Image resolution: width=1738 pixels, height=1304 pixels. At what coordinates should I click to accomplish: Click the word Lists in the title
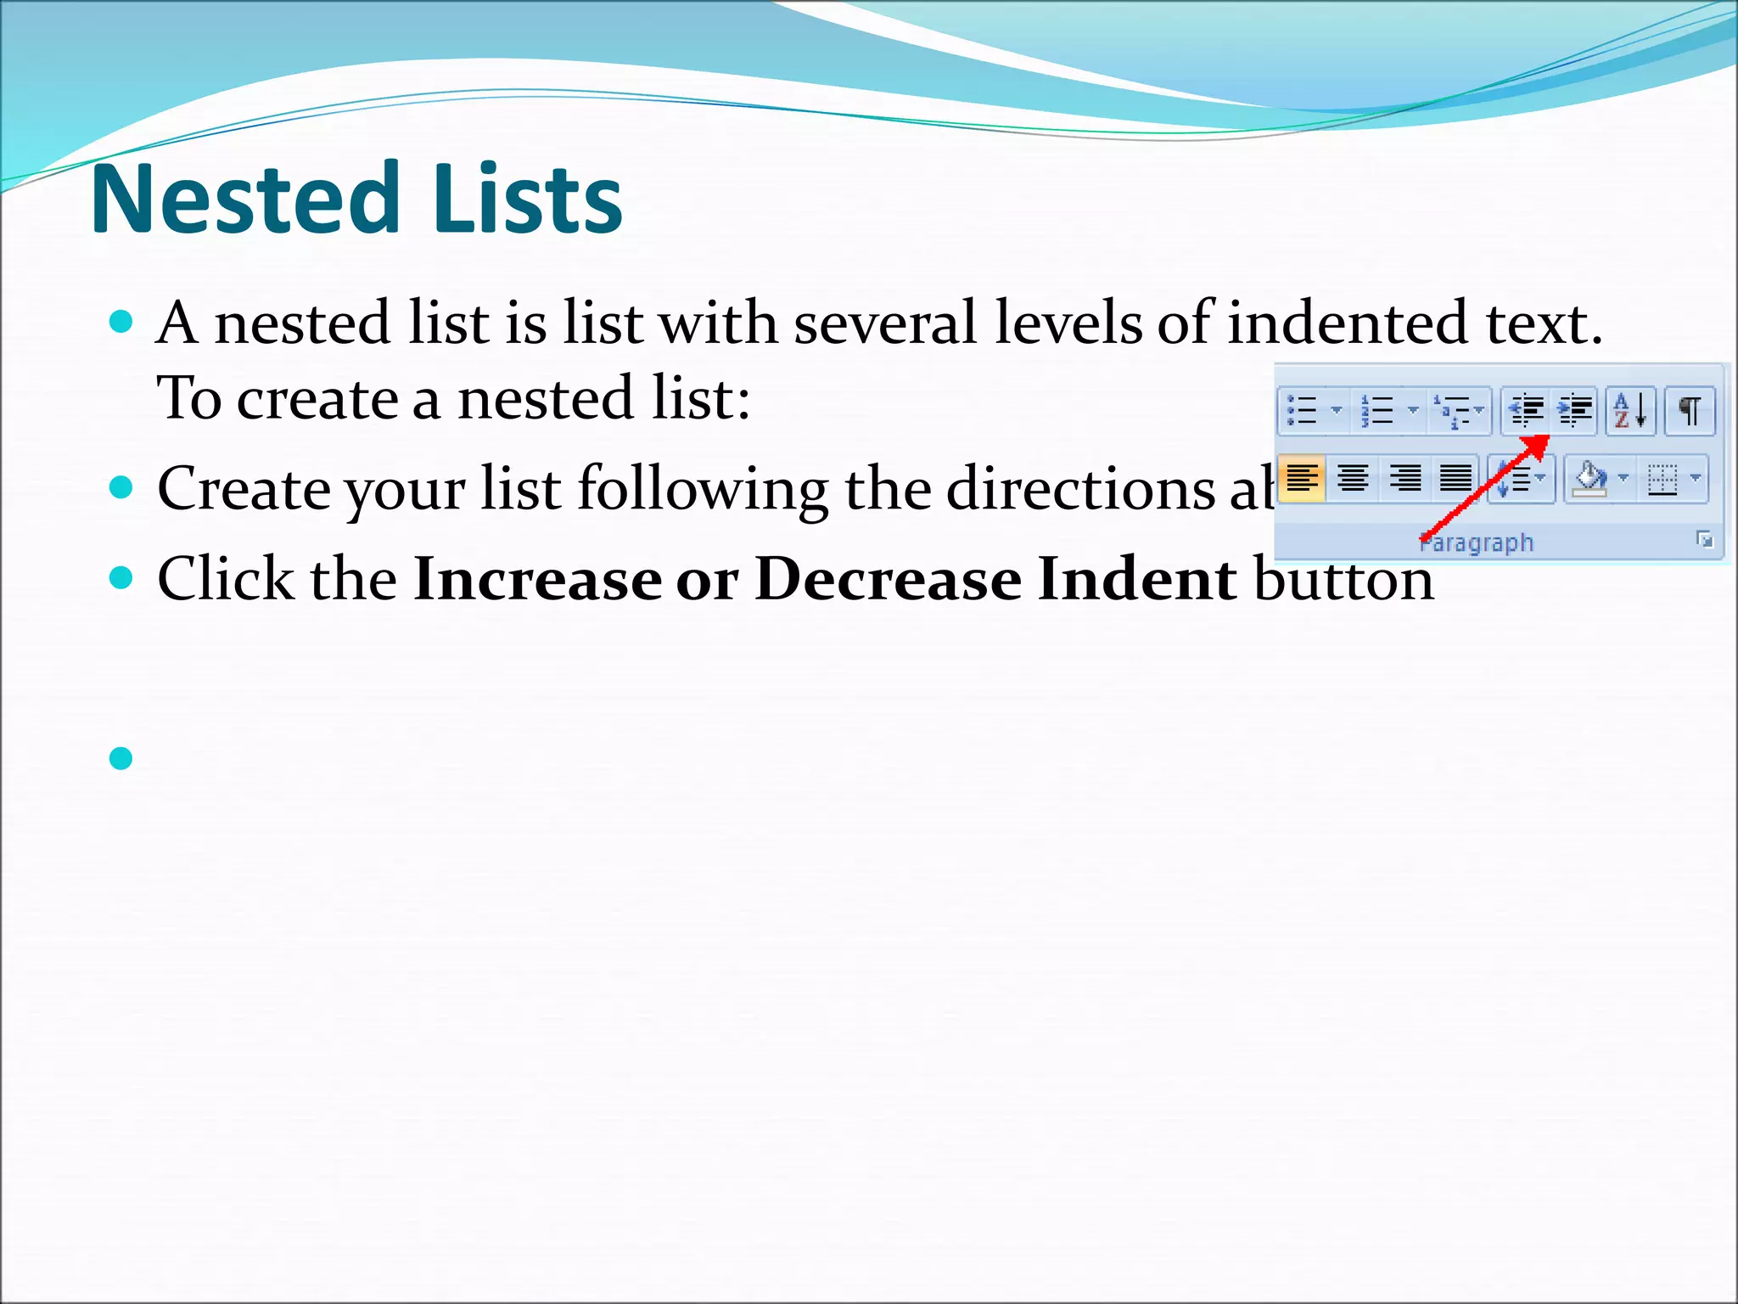click(x=527, y=200)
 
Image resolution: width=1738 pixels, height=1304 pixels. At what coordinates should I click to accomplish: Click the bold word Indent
click(x=1136, y=580)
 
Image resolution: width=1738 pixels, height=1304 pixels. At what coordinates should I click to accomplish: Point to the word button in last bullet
click(x=1343, y=580)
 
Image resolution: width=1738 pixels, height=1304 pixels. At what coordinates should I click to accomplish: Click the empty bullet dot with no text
click(x=121, y=758)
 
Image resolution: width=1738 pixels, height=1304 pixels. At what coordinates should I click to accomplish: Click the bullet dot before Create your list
click(x=121, y=487)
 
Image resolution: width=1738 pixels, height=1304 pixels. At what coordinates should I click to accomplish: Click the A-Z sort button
click(x=1629, y=411)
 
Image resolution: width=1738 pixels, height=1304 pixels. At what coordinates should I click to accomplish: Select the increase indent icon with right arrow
click(x=1574, y=411)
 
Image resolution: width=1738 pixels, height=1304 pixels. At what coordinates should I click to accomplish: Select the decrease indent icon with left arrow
click(x=1526, y=411)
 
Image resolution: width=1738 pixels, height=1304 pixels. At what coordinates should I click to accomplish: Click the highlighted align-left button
click(x=1301, y=479)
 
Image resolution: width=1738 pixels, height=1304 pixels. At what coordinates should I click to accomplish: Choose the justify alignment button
click(x=1455, y=479)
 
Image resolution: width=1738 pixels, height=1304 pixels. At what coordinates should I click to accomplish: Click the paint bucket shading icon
click(x=1589, y=479)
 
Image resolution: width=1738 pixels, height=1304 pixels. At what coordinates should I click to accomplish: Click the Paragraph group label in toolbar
click(x=1477, y=542)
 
